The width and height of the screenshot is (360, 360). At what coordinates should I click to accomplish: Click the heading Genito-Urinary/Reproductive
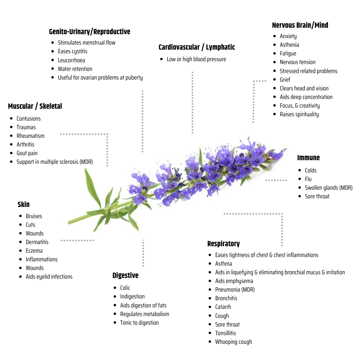90,32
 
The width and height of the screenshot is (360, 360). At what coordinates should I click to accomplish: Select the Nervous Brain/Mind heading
300,25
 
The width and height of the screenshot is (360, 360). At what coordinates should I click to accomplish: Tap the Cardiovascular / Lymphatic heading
197,47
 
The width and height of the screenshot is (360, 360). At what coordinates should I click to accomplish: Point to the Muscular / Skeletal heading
35,106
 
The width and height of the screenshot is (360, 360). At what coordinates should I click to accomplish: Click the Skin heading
23,204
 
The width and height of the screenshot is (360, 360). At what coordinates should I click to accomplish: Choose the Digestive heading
125,275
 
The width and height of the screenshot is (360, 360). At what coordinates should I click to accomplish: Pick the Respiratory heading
223,244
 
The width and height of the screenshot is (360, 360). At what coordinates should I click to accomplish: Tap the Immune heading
308,158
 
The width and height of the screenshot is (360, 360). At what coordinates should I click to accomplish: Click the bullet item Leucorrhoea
71,60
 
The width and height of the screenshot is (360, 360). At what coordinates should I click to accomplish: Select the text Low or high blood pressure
196,59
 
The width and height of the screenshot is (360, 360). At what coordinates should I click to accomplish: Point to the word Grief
285,80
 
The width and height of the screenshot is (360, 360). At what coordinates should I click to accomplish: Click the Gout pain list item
27,153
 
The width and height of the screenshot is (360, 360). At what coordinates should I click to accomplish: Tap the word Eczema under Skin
34,251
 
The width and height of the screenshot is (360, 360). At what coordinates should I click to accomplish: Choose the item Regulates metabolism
144,314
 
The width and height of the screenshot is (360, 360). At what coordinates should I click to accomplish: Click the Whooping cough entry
233,342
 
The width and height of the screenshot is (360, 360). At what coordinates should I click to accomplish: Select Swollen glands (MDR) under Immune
328,188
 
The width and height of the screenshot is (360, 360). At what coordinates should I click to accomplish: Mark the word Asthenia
289,45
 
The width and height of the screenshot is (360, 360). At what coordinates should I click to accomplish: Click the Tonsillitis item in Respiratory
225,333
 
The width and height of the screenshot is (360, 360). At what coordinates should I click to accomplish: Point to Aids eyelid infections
49,276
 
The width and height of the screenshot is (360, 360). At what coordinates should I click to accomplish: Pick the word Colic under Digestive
125,288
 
